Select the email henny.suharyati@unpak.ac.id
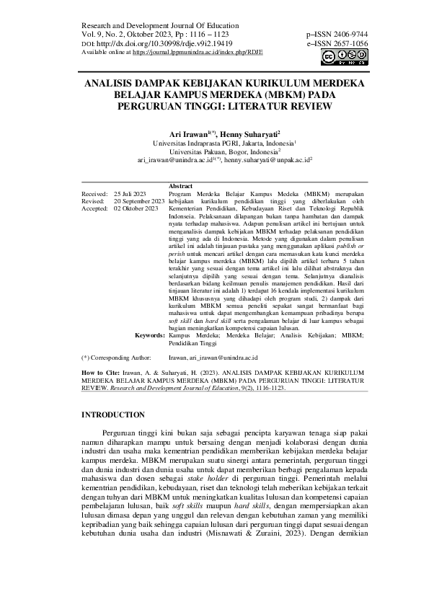[267, 161]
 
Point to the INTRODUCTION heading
[113, 415]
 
